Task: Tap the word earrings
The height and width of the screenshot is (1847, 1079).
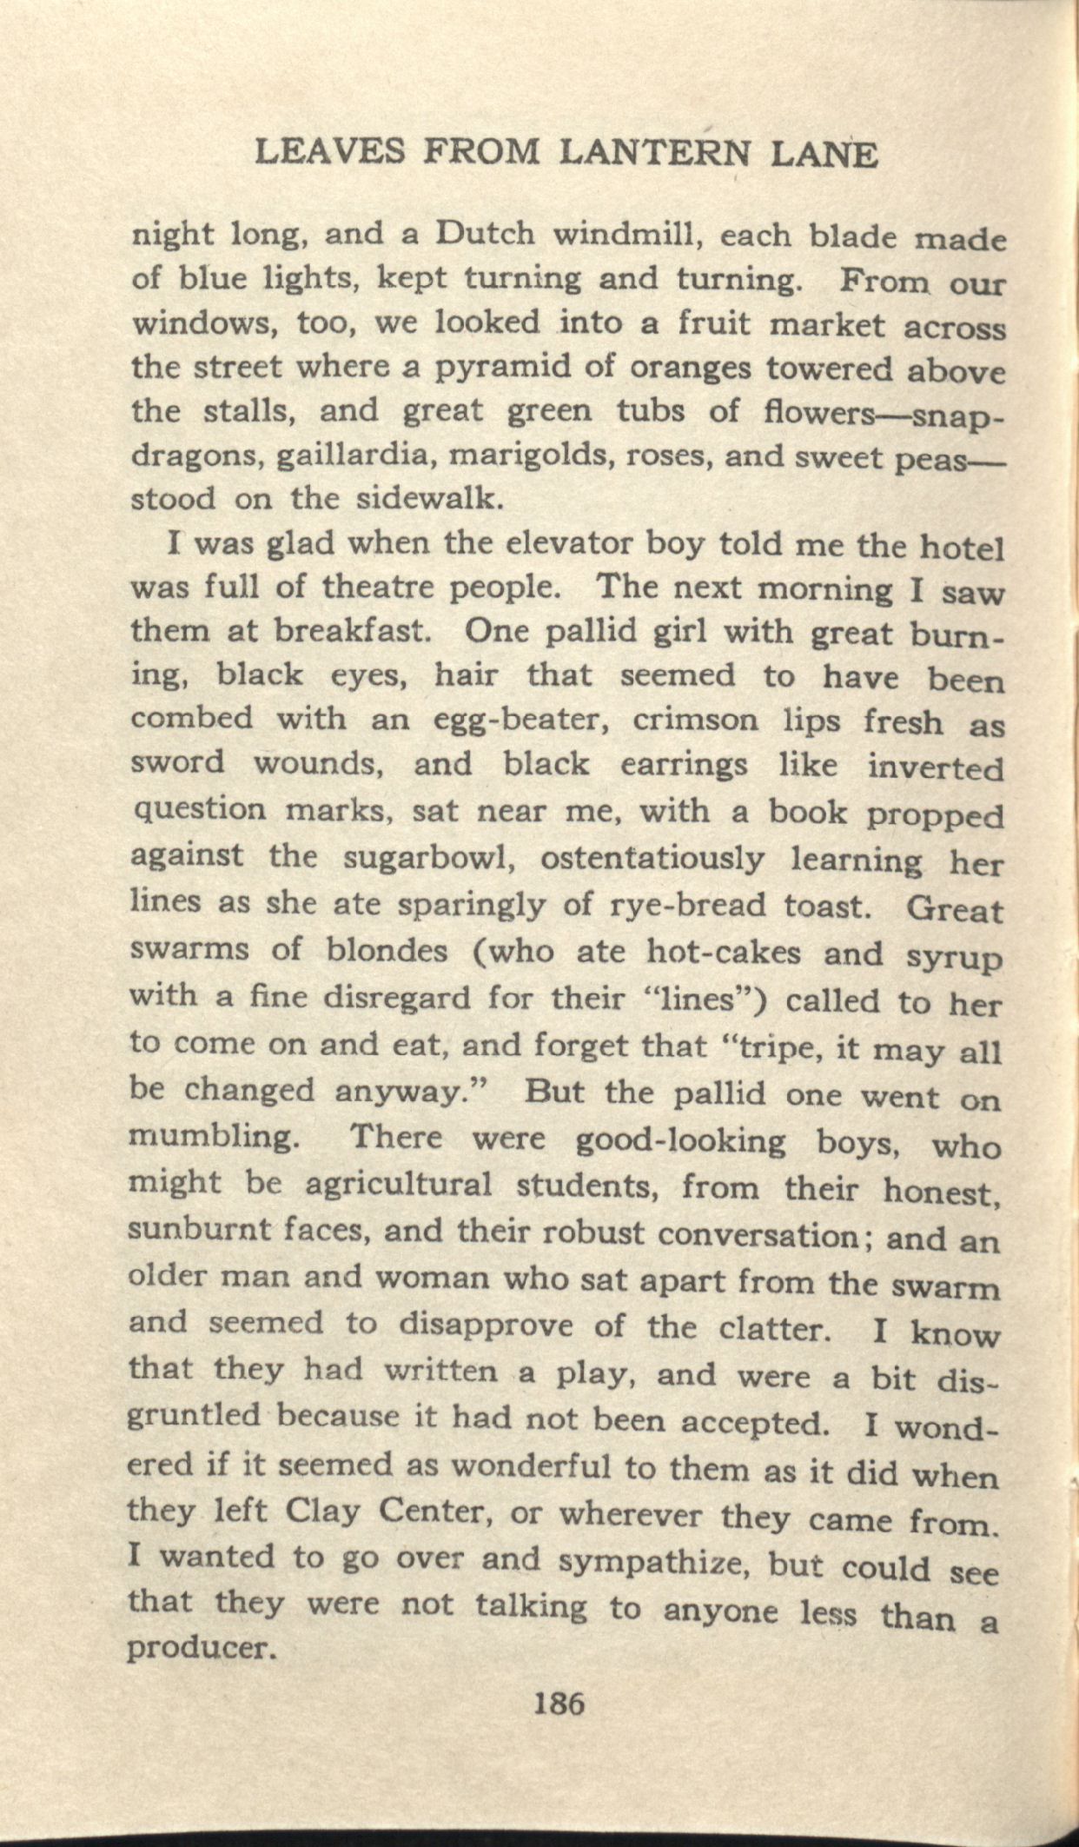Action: tap(685, 766)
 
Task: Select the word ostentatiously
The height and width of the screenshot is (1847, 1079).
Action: tap(652, 859)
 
